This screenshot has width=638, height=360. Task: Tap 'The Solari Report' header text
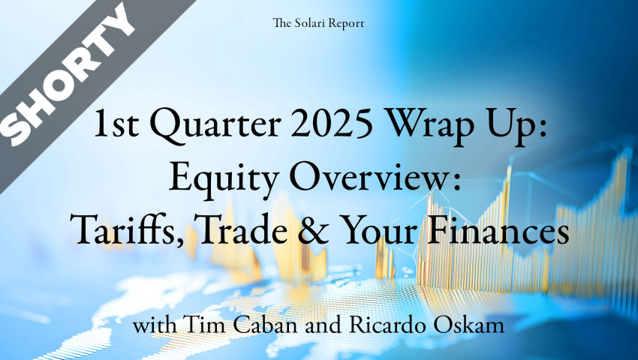point(318,23)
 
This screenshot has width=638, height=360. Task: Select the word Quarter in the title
point(215,126)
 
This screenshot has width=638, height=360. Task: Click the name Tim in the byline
point(197,325)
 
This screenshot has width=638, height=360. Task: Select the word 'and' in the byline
point(323,325)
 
